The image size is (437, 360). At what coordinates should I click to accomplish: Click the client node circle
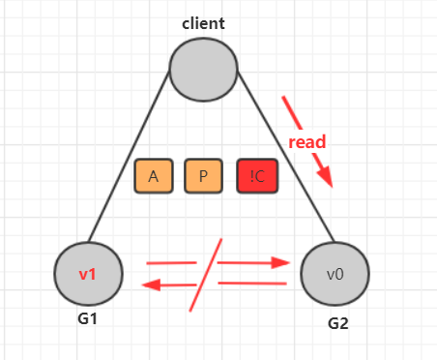pyautogui.click(x=203, y=70)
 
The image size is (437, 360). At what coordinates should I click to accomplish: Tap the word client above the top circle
pyautogui.click(x=203, y=23)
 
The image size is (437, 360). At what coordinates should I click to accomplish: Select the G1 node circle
pyautogui.click(x=88, y=274)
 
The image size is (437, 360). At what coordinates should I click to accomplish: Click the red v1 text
pyautogui.click(x=87, y=274)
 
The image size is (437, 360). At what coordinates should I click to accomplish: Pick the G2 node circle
pyautogui.click(x=335, y=274)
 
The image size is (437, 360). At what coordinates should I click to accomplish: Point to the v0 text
pyautogui.click(x=335, y=275)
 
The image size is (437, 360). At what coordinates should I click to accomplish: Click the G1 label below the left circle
pyautogui.click(x=87, y=319)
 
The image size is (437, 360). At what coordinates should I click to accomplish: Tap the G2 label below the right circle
pyautogui.click(x=338, y=323)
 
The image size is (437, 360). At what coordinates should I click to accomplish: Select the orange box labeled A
pyautogui.click(x=154, y=176)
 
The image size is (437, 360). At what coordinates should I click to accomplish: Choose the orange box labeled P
pyautogui.click(x=203, y=176)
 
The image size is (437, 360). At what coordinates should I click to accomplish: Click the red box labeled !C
pyautogui.click(x=257, y=176)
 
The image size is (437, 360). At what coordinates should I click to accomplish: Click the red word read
pyautogui.click(x=307, y=142)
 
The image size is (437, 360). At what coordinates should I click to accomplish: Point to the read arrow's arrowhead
pyautogui.click(x=326, y=177)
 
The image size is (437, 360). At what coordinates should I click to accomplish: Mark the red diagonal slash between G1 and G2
pyautogui.click(x=206, y=275)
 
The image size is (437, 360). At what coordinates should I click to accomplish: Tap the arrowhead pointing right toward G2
pyautogui.click(x=279, y=263)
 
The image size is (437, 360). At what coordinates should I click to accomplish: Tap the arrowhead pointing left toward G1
pyautogui.click(x=151, y=285)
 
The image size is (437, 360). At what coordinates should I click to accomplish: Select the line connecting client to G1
pyautogui.click(x=129, y=156)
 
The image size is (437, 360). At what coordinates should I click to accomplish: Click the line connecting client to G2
pyautogui.click(x=285, y=156)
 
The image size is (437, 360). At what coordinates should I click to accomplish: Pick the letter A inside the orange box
pyautogui.click(x=154, y=176)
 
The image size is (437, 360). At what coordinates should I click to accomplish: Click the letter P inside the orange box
pyautogui.click(x=203, y=176)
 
